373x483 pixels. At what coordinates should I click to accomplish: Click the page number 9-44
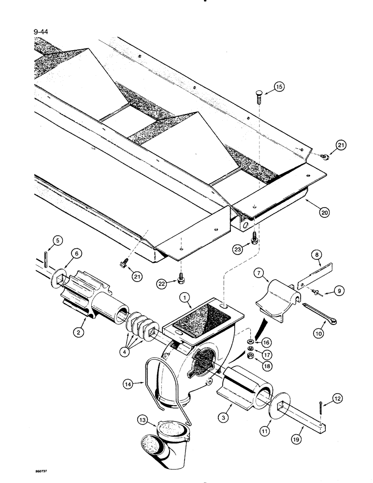click(x=43, y=33)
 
